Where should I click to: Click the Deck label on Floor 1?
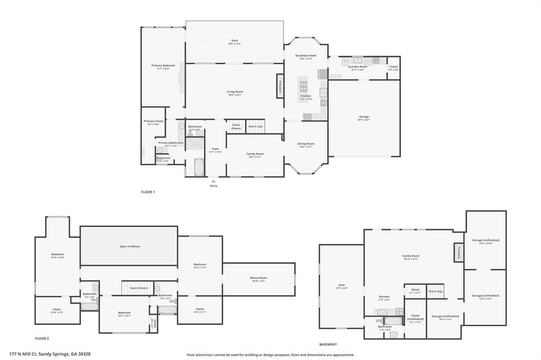click(x=235, y=41)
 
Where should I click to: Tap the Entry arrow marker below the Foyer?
click(x=213, y=181)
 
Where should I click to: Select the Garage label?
click(x=364, y=117)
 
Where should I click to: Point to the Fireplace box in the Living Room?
click(x=279, y=86)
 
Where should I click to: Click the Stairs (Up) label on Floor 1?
click(x=256, y=126)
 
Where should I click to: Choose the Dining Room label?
click(x=306, y=144)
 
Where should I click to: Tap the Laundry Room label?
click(x=358, y=67)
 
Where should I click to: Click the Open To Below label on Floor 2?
click(x=129, y=246)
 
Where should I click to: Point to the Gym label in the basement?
click(x=341, y=285)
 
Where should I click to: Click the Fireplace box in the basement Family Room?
click(x=459, y=252)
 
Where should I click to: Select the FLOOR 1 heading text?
click(x=148, y=192)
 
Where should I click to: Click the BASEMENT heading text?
click(x=328, y=344)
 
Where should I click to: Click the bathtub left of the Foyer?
click(x=199, y=167)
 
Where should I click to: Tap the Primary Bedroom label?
click(x=163, y=65)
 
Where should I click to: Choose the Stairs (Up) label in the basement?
click(x=435, y=291)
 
